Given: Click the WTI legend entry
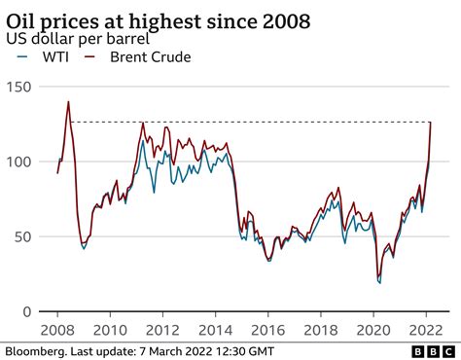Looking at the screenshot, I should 44,58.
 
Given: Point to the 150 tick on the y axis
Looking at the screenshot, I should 18,88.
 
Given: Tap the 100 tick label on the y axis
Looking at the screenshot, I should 18,162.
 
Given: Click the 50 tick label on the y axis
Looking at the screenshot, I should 22,236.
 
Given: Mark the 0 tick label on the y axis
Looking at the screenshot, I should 26,311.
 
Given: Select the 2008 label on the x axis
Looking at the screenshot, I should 58,329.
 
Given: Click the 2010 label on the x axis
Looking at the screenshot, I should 110,329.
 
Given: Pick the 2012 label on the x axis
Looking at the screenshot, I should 161,329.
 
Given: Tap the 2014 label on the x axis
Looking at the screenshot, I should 213,329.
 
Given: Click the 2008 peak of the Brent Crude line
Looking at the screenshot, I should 68,101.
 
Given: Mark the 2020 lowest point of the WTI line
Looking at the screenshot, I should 379,283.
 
